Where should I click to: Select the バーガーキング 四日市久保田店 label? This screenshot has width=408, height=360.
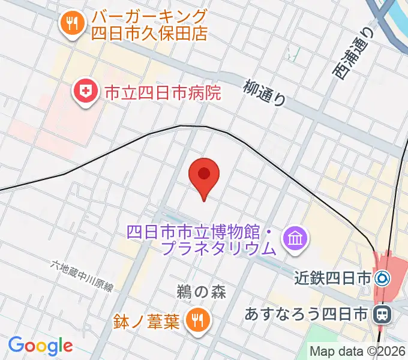click(149, 25)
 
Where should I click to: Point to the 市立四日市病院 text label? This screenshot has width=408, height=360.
click(163, 92)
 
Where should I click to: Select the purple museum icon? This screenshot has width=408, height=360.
click(295, 239)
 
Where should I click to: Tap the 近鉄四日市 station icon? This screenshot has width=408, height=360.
click(382, 278)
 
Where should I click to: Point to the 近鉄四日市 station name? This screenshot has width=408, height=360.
click(333, 278)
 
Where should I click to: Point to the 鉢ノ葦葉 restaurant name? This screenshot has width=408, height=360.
click(145, 322)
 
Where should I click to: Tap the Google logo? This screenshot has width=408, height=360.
click(40, 346)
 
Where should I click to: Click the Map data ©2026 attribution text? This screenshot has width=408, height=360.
click(358, 352)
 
